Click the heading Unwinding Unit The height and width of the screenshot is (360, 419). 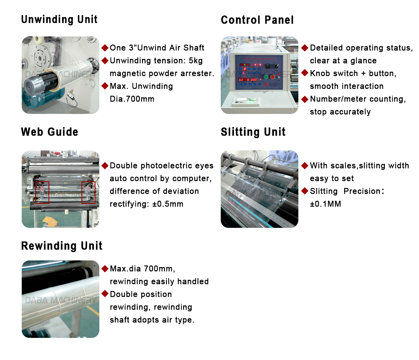pyautogui.click(x=59, y=19)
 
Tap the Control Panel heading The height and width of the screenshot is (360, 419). pyautogui.click(x=257, y=20)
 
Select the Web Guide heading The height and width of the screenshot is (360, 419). pyautogui.click(x=49, y=132)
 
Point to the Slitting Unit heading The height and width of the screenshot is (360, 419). pyautogui.click(x=253, y=132)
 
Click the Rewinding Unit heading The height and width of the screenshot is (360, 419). pyautogui.click(x=62, y=246)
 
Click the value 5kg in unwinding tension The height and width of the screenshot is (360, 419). pyautogui.click(x=195, y=60)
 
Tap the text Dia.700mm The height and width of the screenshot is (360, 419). pyautogui.click(x=132, y=99)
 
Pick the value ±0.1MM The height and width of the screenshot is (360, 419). pyautogui.click(x=326, y=204)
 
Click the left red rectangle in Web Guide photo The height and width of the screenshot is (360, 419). pyautogui.click(x=42, y=192)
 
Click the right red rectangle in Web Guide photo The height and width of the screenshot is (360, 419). pyautogui.click(x=88, y=192)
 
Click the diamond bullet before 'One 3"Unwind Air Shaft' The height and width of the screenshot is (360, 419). pyautogui.click(x=105, y=48)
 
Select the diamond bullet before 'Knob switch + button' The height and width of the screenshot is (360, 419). pyautogui.click(x=305, y=73)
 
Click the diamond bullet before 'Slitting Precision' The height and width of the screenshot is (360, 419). pyautogui.click(x=305, y=191)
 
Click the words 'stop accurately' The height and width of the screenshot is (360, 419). pyautogui.click(x=340, y=112)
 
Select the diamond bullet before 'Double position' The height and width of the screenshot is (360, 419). pyautogui.click(x=105, y=294)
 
